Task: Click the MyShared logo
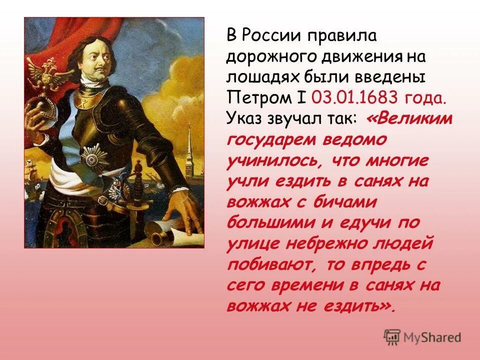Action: [422, 337]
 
